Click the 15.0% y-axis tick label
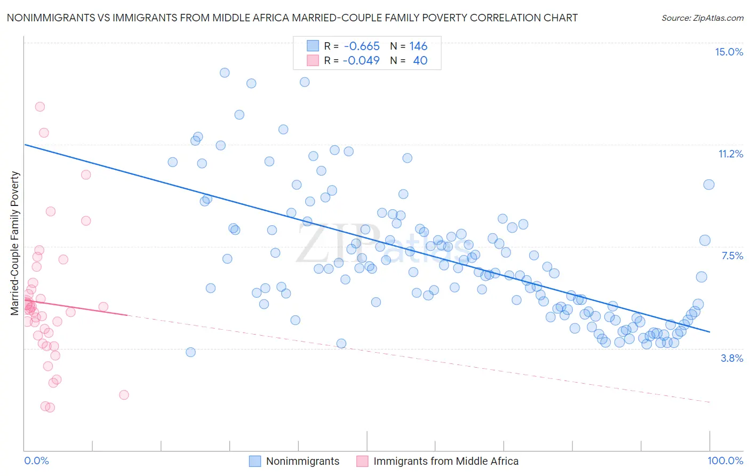point(729,52)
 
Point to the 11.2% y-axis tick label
point(730,154)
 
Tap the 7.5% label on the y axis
point(732,256)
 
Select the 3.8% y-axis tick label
point(732,358)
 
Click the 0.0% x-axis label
point(36,461)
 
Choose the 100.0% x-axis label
point(725,461)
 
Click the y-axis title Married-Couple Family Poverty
point(15,243)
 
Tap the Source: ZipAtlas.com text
point(702,18)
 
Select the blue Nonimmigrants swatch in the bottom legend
point(256,461)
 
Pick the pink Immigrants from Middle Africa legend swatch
point(363,461)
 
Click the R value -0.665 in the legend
point(362,46)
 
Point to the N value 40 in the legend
point(420,60)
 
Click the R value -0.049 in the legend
point(361,60)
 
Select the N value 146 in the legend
point(418,46)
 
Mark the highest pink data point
point(40,107)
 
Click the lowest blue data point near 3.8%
point(190,352)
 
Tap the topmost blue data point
point(225,73)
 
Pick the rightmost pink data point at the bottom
point(124,395)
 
